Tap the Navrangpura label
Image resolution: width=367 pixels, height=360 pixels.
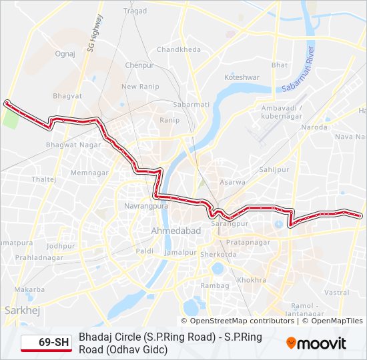(x=146, y=207)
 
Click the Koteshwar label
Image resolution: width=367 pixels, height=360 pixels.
(x=242, y=77)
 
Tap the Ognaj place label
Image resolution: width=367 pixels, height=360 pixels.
(x=65, y=53)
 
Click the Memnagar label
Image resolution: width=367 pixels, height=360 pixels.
(x=89, y=173)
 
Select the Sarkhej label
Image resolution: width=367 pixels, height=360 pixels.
(x=18, y=310)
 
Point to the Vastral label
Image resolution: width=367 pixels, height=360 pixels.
(x=337, y=293)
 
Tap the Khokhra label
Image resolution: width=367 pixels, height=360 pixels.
(x=252, y=281)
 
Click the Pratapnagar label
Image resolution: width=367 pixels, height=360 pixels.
(x=248, y=242)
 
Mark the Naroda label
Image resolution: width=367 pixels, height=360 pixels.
(x=315, y=127)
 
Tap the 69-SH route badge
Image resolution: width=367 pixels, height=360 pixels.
(x=46, y=343)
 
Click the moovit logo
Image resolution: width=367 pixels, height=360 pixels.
(x=316, y=343)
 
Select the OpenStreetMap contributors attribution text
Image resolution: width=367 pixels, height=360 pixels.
(x=238, y=321)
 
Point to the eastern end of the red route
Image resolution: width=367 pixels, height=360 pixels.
(x=360, y=215)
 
